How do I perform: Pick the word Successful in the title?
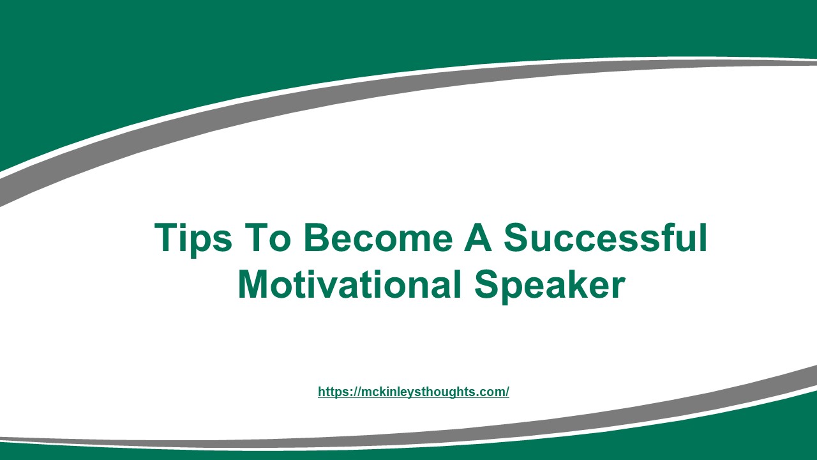coord(605,238)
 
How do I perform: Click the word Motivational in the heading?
coord(349,285)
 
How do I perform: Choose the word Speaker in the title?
coord(549,285)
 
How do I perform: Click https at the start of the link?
coord(331,392)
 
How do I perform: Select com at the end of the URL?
coord(493,392)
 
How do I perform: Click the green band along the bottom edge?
coord(408,454)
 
